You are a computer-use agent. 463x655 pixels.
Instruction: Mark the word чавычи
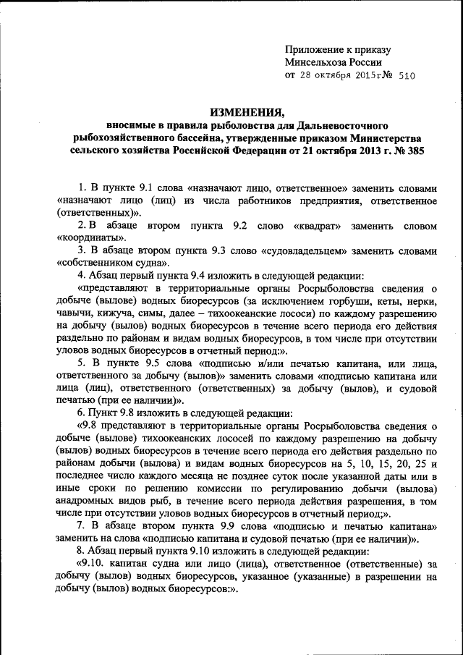pyautogui.click(x=74, y=313)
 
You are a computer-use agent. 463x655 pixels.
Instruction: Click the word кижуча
pyautogui.click(x=116, y=313)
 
